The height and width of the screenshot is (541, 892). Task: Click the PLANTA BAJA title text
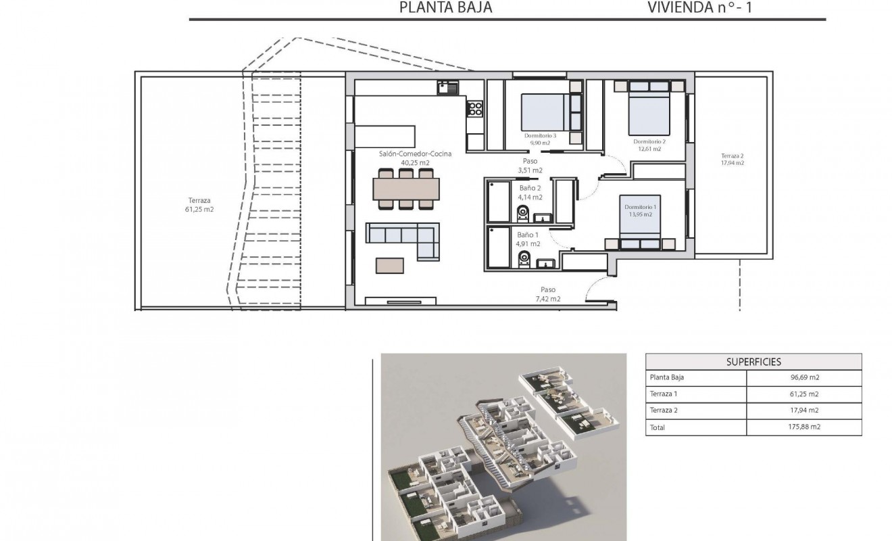[445, 7]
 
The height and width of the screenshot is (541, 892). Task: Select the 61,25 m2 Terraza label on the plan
[201, 205]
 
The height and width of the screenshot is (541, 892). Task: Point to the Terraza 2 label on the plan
[732, 159]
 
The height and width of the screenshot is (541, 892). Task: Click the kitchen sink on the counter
[447, 87]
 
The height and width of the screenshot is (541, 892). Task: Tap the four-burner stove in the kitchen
[475, 108]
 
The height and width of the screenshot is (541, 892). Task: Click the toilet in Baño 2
[522, 214]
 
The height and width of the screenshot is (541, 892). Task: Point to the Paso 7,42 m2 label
[547, 294]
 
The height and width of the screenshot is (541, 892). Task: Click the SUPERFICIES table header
[753, 362]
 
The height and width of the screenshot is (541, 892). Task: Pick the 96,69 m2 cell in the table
[804, 378]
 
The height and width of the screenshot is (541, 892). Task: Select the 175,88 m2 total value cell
[804, 427]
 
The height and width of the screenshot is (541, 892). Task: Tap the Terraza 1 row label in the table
[663, 394]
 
